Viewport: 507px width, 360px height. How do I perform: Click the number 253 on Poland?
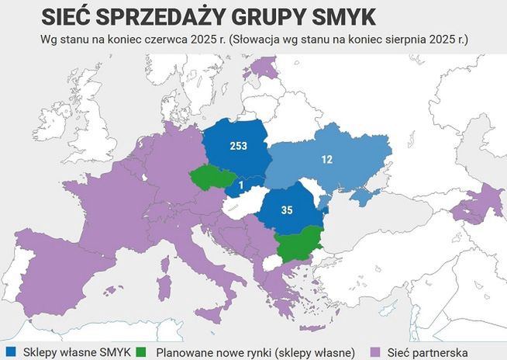(239, 146)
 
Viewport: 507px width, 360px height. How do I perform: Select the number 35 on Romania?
(288, 209)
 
